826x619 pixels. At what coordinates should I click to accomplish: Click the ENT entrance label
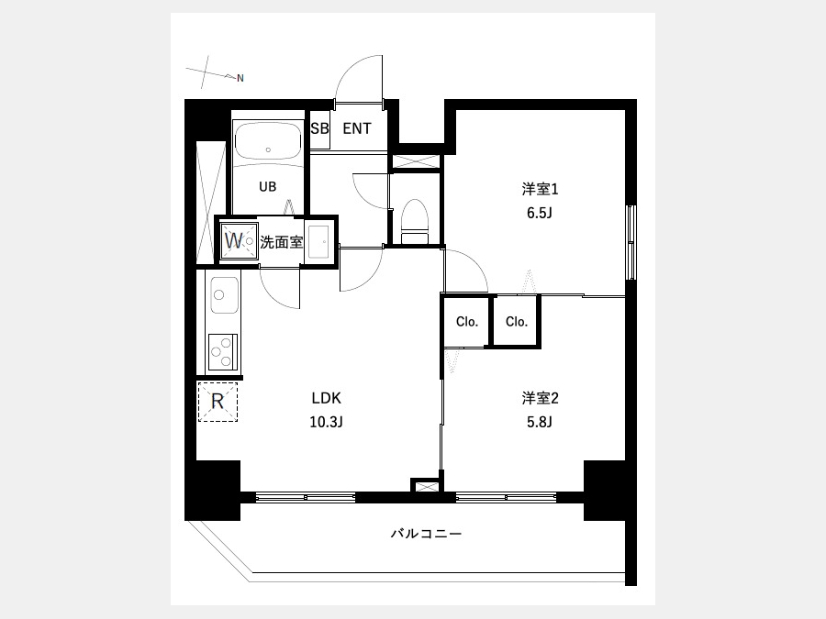(x=357, y=128)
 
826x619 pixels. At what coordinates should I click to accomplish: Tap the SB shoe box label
(x=319, y=128)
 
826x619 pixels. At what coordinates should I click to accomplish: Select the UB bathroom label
(x=268, y=186)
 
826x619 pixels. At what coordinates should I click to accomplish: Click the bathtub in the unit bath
(x=268, y=139)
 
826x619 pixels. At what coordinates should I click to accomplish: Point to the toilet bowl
(x=415, y=222)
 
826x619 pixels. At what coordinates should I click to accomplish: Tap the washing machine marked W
(x=239, y=241)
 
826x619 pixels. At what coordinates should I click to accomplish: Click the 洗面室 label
(x=282, y=242)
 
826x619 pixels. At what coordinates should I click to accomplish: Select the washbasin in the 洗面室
(x=318, y=241)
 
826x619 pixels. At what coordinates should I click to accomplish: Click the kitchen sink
(x=225, y=295)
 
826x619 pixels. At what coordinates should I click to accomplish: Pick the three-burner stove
(x=223, y=352)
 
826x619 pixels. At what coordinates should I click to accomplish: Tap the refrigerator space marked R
(x=218, y=402)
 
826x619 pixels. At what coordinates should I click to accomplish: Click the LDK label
(x=327, y=398)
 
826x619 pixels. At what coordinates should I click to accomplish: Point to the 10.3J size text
(x=327, y=422)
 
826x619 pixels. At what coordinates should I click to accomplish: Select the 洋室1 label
(x=540, y=189)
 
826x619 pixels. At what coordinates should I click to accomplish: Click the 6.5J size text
(x=540, y=213)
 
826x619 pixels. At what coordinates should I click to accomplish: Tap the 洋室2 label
(x=540, y=398)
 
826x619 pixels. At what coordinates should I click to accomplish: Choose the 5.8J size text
(x=540, y=422)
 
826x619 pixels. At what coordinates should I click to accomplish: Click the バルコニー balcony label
(x=426, y=534)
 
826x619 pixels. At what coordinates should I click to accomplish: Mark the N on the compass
(x=240, y=79)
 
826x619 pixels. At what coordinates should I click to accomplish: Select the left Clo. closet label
(x=467, y=322)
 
